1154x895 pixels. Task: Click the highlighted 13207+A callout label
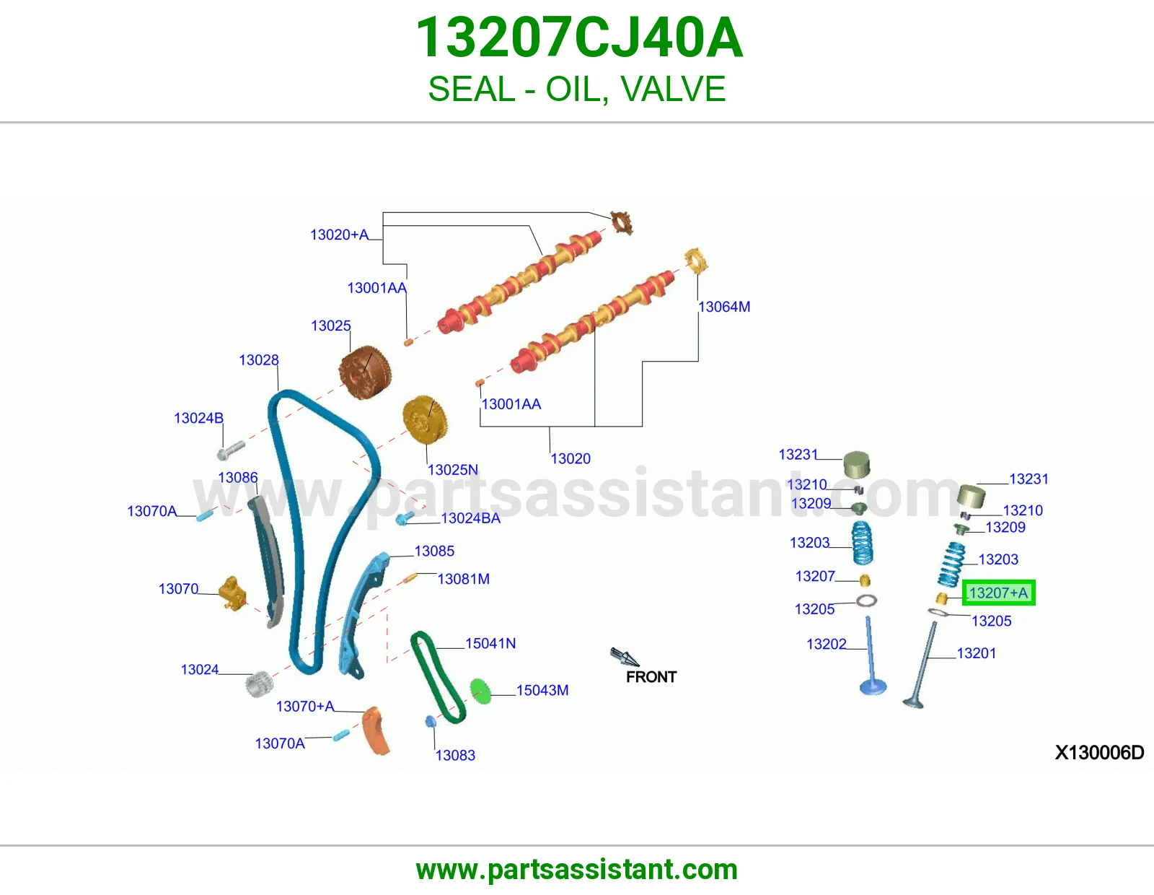[x=998, y=593]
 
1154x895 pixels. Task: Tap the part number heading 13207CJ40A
[x=578, y=38]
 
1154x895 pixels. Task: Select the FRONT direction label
[x=651, y=676]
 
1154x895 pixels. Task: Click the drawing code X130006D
[x=1099, y=752]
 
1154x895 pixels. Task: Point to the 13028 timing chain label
[x=259, y=360]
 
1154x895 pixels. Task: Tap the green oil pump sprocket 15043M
[x=480, y=691]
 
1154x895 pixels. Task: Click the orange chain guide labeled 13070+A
[x=376, y=730]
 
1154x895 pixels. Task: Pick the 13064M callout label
[x=724, y=307]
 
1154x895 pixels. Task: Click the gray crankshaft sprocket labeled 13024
[x=259, y=684]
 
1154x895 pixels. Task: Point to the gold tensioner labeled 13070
[x=233, y=593]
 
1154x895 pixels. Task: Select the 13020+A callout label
[x=340, y=235]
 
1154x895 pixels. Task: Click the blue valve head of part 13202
[x=873, y=686]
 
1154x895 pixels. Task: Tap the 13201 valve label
[x=976, y=653]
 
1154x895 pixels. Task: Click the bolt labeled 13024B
[x=231, y=450]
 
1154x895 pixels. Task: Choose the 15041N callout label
[x=490, y=643]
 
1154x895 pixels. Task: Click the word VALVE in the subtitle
[x=673, y=89]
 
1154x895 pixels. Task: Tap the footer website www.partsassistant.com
[x=577, y=870]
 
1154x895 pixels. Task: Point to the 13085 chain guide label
[x=434, y=551]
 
